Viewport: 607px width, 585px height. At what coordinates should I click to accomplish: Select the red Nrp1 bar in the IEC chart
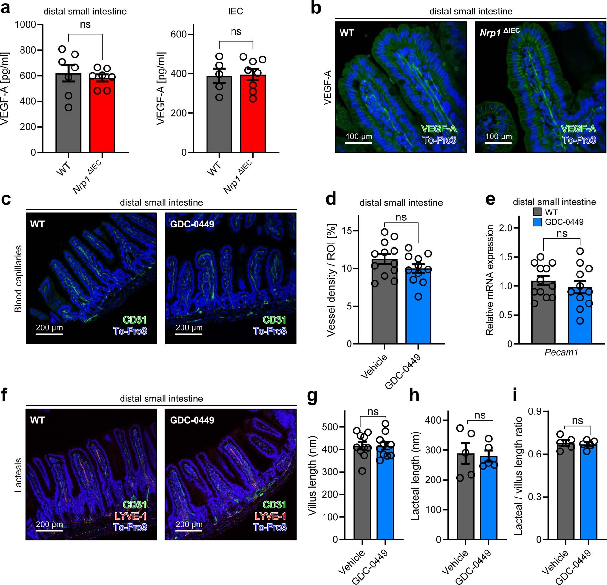click(253, 115)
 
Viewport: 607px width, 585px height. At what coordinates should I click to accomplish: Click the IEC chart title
click(235, 12)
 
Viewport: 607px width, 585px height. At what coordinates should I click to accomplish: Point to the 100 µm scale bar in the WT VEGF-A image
click(358, 142)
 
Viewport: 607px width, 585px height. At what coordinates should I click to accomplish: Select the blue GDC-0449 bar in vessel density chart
click(418, 308)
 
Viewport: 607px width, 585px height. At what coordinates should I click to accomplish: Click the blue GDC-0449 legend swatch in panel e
click(537, 222)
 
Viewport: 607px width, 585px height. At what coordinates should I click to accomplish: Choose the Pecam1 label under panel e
click(561, 352)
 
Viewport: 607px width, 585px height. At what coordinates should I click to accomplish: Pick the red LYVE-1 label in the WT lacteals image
click(130, 516)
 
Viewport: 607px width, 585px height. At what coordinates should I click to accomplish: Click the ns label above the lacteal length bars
click(480, 416)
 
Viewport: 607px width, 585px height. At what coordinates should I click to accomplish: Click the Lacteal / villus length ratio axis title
click(518, 476)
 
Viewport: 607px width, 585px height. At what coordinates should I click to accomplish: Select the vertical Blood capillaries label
click(18, 279)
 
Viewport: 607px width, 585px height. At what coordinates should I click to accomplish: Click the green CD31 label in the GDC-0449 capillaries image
click(274, 320)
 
